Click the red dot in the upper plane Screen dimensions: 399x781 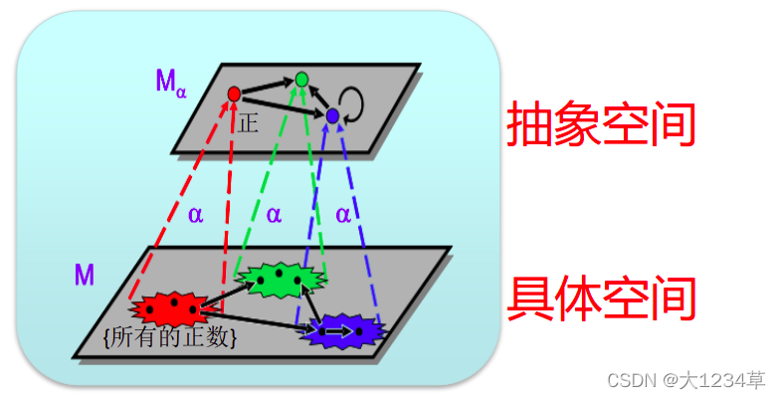(x=234, y=94)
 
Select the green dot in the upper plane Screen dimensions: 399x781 (x=301, y=79)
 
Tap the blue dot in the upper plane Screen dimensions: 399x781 (x=332, y=116)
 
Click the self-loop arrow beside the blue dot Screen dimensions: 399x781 (x=352, y=100)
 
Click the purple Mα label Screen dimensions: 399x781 (x=169, y=82)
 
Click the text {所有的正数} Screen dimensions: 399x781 (x=169, y=337)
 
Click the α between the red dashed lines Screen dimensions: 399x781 (x=195, y=214)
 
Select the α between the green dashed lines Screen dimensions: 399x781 (x=274, y=214)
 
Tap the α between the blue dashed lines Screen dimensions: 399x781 (x=343, y=214)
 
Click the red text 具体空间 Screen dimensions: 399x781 (x=600, y=298)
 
